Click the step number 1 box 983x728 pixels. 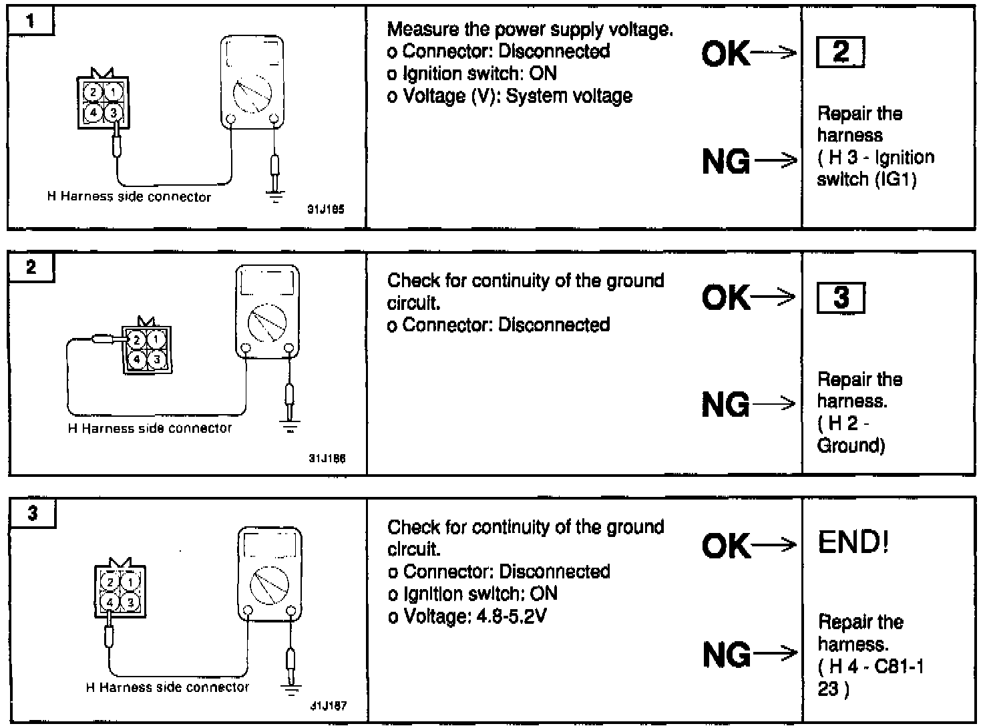pyautogui.click(x=30, y=21)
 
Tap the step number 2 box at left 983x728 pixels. pyautogui.click(x=31, y=267)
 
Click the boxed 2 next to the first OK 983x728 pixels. pyautogui.click(x=840, y=52)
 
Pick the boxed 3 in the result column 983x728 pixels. pyautogui.click(x=841, y=297)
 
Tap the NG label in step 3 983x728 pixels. pyautogui.click(x=726, y=654)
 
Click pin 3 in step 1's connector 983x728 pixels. pyautogui.click(x=114, y=112)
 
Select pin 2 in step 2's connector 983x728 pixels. pyautogui.click(x=137, y=341)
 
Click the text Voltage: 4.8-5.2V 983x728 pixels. pyautogui.click(x=475, y=616)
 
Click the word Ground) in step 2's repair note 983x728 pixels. pyautogui.click(x=851, y=445)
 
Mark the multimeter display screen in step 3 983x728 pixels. pyautogui.click(x=270, y=545)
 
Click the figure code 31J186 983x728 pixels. pyautogui.click(x=327, y=459)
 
